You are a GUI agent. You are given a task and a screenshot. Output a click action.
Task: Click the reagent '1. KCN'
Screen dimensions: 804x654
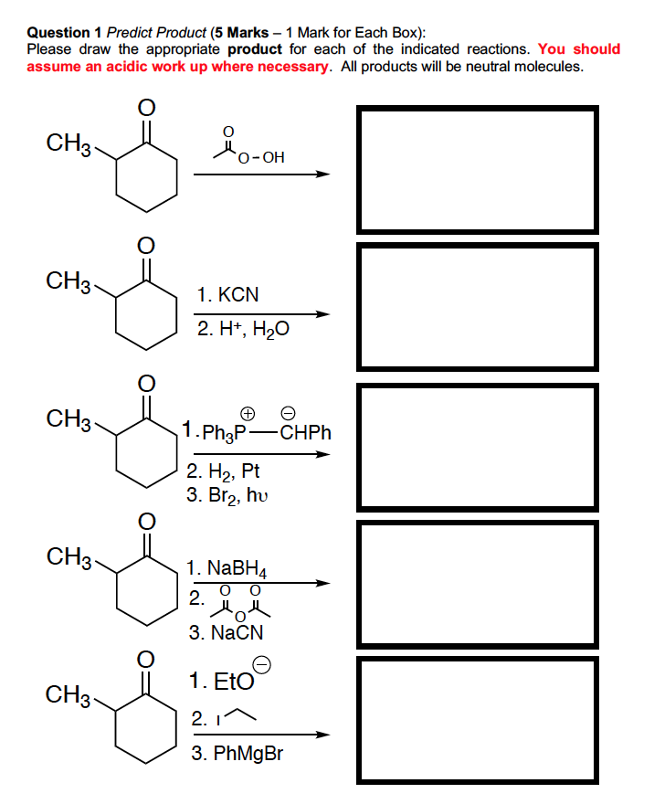click(x=228, y=295)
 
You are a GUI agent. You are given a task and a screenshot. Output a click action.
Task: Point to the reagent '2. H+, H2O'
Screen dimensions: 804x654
click(x=243, y=330)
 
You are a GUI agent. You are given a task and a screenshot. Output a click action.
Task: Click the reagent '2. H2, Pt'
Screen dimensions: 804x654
click(x=223, y=472)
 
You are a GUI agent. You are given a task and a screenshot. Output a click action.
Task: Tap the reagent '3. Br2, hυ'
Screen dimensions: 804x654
click(x=229, y=494)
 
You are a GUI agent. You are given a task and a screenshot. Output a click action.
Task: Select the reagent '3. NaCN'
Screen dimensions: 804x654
click(x=226, y=632)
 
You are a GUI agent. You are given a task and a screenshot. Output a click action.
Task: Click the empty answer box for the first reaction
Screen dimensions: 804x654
click(x=478, y=169)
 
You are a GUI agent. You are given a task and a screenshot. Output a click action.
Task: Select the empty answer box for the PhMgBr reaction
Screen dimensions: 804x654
click(x=478, y=719)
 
